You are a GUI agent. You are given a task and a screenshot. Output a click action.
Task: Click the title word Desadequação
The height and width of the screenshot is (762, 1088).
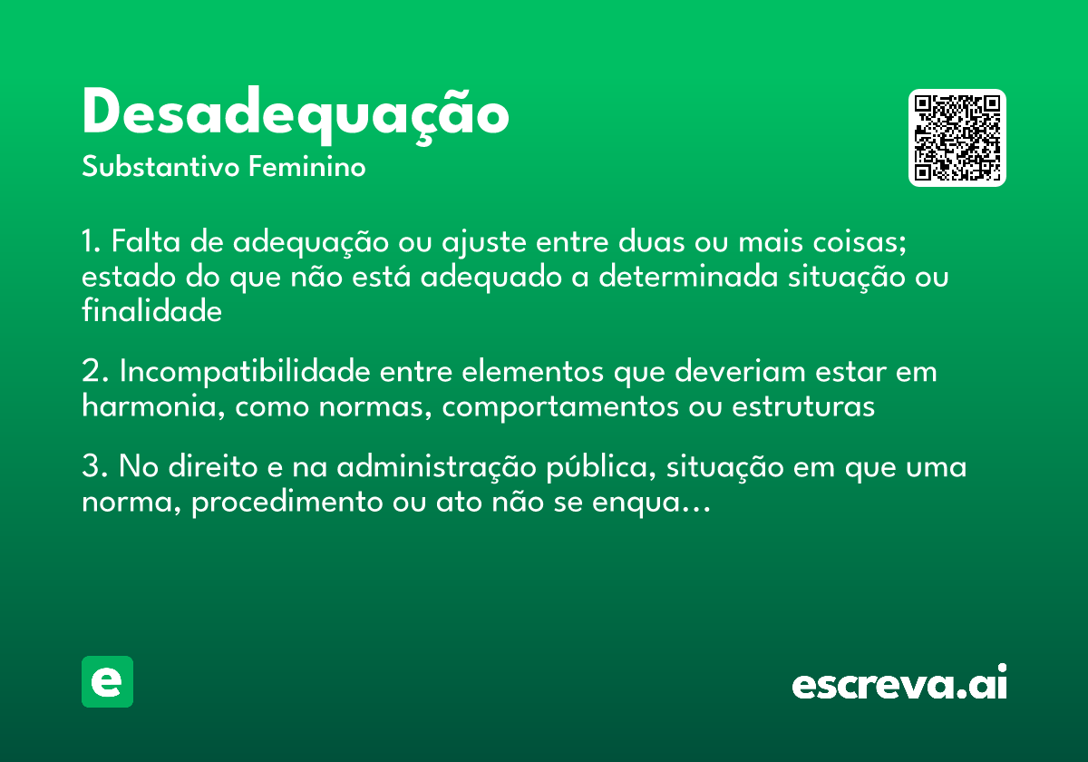295,115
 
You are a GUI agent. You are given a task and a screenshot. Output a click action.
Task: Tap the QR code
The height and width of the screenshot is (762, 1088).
957,138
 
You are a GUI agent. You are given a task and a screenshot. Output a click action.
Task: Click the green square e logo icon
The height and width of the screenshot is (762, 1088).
107,681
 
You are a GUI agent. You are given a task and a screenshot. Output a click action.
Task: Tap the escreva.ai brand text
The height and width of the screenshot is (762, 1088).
899,684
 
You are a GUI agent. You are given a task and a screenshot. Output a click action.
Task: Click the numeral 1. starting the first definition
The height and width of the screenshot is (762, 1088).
91,243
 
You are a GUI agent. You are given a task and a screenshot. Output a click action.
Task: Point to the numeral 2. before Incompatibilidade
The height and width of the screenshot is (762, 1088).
94,373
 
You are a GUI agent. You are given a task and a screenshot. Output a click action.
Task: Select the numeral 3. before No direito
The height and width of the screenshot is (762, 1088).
94,469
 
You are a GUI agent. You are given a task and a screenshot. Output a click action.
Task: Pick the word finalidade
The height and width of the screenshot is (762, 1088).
151,311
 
